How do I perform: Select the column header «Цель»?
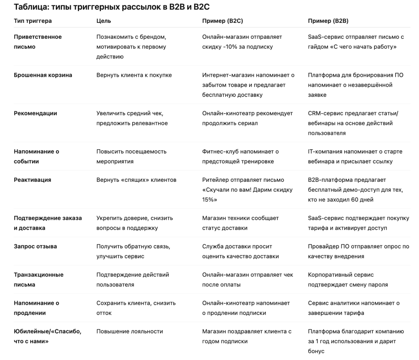coord(104,21)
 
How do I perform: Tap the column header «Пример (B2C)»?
coord(222,21)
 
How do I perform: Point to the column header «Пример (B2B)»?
coord(328,21)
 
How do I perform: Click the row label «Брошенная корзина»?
coord(43,75)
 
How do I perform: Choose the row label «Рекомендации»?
coord(35,113)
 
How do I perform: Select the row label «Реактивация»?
coord(32,180)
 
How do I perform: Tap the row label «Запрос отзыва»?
coord(35,247)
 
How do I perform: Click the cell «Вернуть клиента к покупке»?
coord(134,75)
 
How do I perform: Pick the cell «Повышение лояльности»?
coord(130,332)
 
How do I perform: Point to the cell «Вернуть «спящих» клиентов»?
coord(136,180)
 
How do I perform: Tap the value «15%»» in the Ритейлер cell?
coord(209,200)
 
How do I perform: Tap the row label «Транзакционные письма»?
coord(38,280)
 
